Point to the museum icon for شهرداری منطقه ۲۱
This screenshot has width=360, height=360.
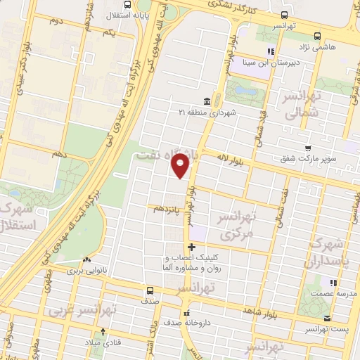205,100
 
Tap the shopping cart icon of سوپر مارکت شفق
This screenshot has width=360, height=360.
308,148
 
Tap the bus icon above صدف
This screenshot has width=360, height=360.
149,290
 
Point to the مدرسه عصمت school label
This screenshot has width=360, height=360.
332,293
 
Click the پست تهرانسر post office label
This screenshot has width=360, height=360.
328,328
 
